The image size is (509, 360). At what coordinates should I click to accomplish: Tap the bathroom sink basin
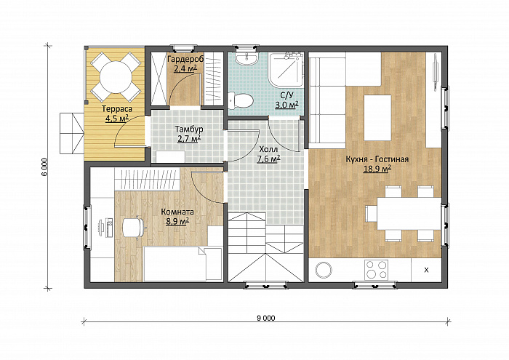247,59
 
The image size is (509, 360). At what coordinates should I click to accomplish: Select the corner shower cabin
286,69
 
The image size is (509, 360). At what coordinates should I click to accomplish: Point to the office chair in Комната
133,228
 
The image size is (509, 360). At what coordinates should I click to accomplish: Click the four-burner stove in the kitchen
376,269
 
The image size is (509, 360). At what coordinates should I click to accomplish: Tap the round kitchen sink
324,269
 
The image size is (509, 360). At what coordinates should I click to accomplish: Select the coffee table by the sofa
377,118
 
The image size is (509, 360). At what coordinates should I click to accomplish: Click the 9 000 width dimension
266,318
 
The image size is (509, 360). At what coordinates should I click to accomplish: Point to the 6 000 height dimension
44,167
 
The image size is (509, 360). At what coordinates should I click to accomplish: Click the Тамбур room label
189,129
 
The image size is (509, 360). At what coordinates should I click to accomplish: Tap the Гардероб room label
185,60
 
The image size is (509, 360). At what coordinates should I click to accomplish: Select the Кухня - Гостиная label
377,159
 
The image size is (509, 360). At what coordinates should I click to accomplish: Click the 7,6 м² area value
269,159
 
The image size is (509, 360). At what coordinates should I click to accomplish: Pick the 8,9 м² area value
177,222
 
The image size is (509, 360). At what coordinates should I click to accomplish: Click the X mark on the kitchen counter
427,270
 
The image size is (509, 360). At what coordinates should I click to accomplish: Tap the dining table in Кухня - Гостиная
409,214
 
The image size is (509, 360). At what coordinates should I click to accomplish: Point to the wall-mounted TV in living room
434,71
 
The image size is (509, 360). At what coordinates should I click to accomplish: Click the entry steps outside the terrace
72,133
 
